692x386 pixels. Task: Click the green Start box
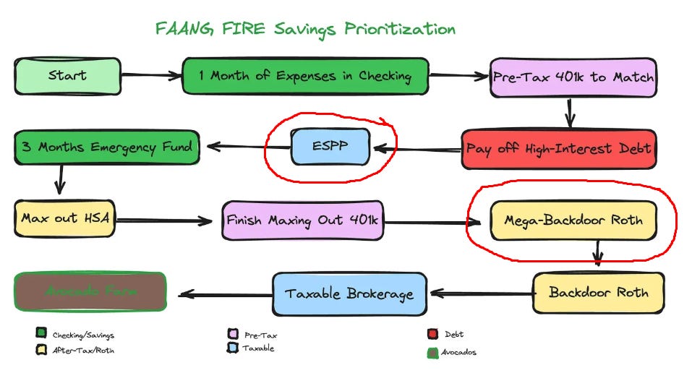[67, 76]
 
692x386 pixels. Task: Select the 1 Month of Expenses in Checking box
[305, 76]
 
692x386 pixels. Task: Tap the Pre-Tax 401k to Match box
[573, 77]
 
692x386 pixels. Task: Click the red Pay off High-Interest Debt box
[558, 149]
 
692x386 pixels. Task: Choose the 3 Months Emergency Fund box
[106, 147]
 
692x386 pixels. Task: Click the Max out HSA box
[64, 218]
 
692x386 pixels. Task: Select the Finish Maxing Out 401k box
[303, 220]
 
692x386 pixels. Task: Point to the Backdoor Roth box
[598, 293]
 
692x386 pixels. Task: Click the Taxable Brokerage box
[349, 293]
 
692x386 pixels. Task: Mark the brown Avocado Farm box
[90, 292]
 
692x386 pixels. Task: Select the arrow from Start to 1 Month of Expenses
[151, 75]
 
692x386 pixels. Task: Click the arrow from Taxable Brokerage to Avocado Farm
[225, 293]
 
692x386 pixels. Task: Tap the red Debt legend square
[433, 334]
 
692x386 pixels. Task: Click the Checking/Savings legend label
[83, 335]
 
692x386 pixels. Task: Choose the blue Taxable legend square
[233, 348]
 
